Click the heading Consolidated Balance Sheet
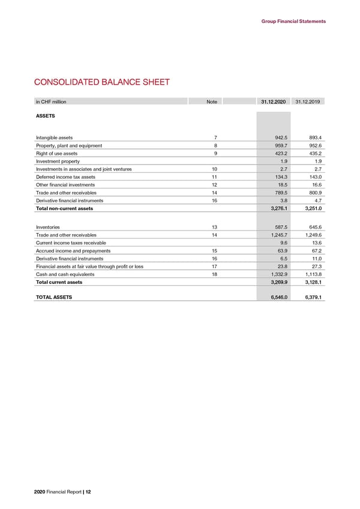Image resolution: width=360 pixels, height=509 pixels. pos(101,83)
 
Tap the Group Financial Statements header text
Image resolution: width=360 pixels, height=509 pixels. pos(293,22)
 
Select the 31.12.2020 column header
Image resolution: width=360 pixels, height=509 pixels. pos(274,102)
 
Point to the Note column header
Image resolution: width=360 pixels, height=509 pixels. pos(211,102)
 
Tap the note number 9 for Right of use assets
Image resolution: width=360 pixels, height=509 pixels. pos(207,153)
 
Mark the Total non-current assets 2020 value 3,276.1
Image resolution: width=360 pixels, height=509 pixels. pos(277,208)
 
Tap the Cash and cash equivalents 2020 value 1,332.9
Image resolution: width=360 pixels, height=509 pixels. pos(277,274)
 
